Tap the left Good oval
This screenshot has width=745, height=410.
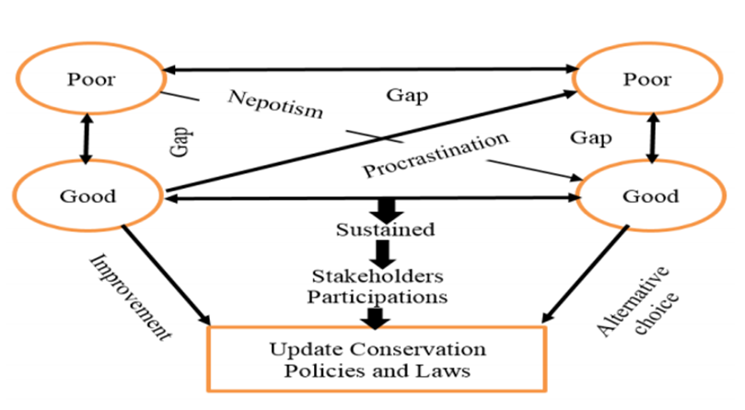(88, 195)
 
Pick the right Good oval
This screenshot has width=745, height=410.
(651, 195)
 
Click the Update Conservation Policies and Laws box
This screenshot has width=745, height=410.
(377, 359)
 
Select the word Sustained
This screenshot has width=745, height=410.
(378, 229)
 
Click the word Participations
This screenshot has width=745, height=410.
(378, 297)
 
